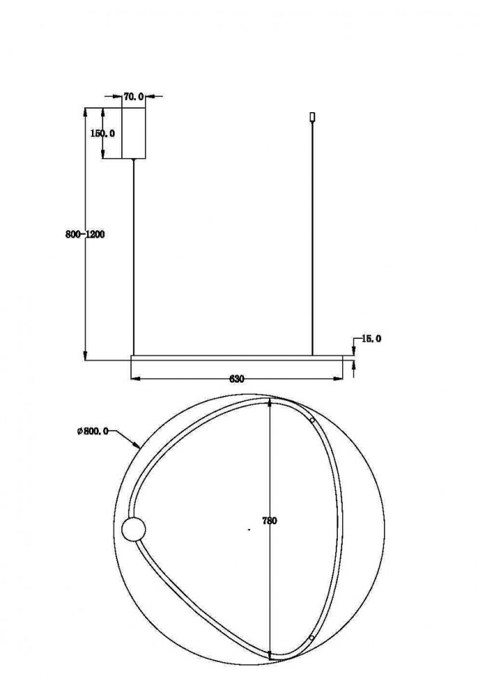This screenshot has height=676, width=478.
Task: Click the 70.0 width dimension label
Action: [x=133, y=97]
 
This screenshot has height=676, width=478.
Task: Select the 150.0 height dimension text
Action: [x=102, y=133]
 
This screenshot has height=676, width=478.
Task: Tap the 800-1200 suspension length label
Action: [x=85, y=235]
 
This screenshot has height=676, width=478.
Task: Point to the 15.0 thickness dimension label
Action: [x=371, y=339]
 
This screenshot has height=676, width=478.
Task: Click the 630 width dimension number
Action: [x=237, y=379]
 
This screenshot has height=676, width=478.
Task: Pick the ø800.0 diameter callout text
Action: [x=93, y=431]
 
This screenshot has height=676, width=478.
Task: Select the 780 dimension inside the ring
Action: [x=270, y=521]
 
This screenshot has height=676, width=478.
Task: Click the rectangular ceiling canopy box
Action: [x=134, y=133]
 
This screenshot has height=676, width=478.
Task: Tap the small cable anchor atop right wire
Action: [x=312, y=117]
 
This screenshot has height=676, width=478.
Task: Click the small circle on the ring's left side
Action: [x=134, y=530]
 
